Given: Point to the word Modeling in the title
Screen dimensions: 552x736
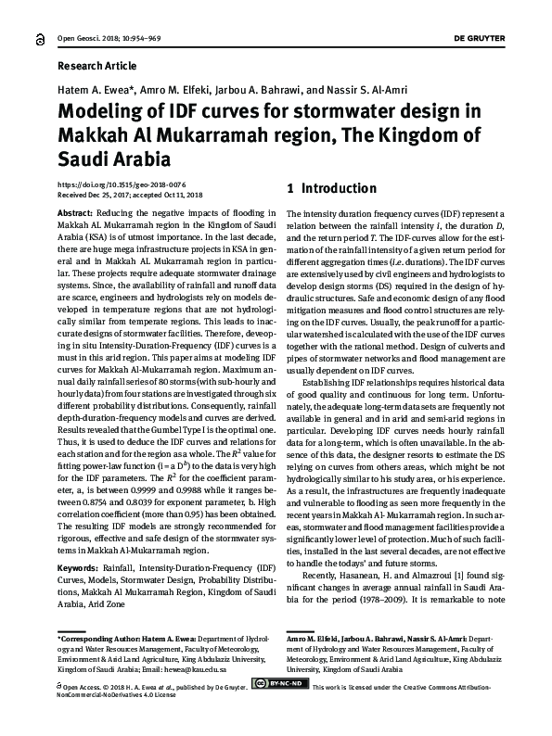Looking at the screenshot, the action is click(x=103, y=113).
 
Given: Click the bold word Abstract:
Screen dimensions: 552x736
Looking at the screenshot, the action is click(x=76, y=213).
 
